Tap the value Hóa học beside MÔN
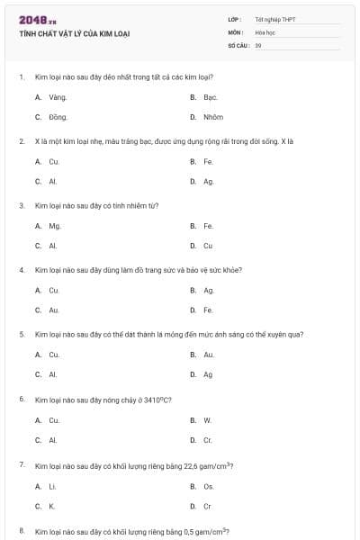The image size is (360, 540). tap(265, 31)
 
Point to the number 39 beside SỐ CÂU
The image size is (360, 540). tap(258, 44)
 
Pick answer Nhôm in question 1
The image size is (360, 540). tap(213, 117)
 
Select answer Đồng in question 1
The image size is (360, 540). tap(58, 117)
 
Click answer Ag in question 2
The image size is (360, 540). tap(209, 181)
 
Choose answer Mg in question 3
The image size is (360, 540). tap(55, 226)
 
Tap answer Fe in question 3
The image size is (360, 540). tap(208, 226)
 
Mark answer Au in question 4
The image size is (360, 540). tap(54, 310)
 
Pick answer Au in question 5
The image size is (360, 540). tap(209, 355)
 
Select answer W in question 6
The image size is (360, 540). tap(207, 419)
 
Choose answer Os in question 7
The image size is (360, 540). tap(209, 487)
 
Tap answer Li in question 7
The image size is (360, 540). tap(53, 487)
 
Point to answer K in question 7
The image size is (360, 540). tap(52, 507)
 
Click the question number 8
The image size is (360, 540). tap(22, 530)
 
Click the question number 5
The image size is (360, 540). tap(22, 334)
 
